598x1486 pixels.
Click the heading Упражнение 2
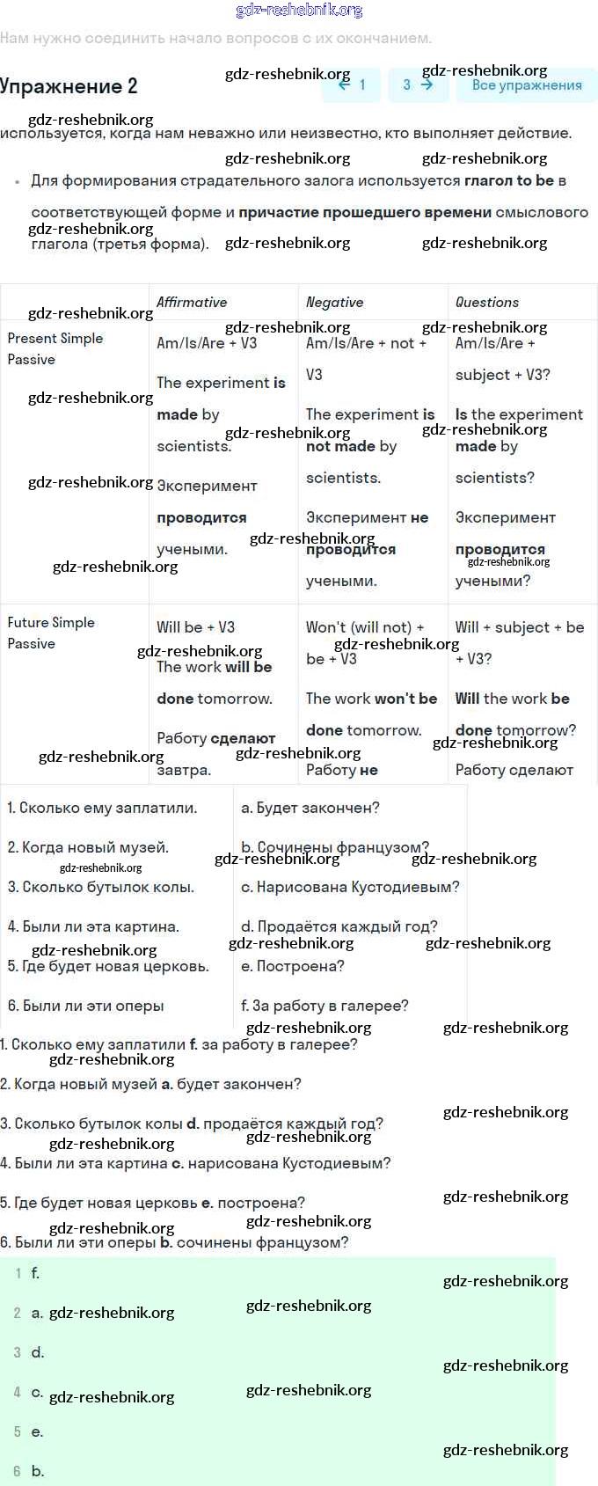click(69, 86)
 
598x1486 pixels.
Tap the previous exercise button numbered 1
click(351, 85)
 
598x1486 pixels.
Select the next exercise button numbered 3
click(418, 85)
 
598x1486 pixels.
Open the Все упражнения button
click(526, 85)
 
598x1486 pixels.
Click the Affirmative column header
click(192, 303)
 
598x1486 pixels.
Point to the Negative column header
click(334, 303)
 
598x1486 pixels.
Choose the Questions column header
click(486, 303)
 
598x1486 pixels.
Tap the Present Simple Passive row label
click(55, 348)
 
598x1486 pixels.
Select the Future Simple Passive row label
click(50, 633)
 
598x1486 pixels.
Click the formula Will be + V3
click(195, 627)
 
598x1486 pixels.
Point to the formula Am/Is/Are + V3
click(207, 343)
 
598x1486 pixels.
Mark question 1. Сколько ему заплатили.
click(102, 808)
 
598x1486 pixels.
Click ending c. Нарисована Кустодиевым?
click(350, 887)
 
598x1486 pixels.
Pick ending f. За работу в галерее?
click(325, 1006)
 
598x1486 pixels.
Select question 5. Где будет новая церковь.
click(108, 966)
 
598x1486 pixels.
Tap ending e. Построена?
click(293, 966)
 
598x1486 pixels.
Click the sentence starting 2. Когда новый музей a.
click(150, 1084)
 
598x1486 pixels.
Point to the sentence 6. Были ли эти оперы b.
click(174, 1242)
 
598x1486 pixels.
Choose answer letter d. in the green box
click(37, 1352)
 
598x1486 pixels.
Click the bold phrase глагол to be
click(509, 180)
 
